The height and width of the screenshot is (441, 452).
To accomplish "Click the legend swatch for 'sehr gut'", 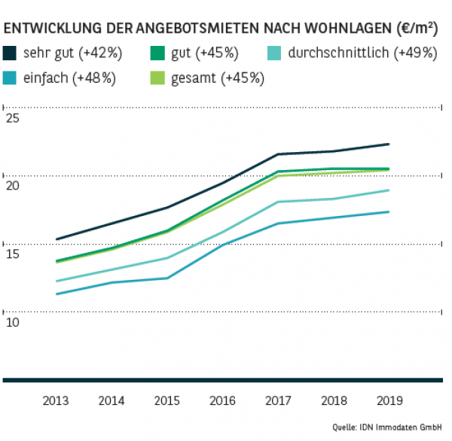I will [11, 53].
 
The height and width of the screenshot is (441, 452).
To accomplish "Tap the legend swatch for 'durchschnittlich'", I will [276, 53].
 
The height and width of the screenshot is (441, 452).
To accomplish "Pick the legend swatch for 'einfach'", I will [11, 78].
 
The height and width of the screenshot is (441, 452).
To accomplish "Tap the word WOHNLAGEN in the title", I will [341, 29].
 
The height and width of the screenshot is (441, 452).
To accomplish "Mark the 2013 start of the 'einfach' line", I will [56, 293].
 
